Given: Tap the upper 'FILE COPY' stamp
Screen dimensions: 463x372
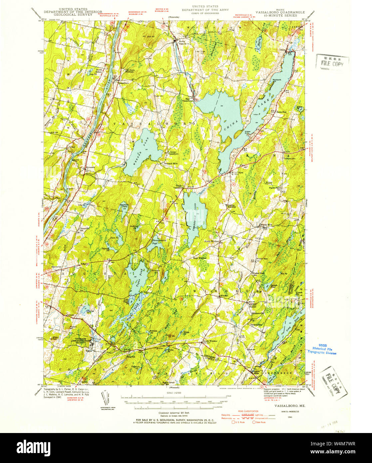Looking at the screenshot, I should click(332, 63).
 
